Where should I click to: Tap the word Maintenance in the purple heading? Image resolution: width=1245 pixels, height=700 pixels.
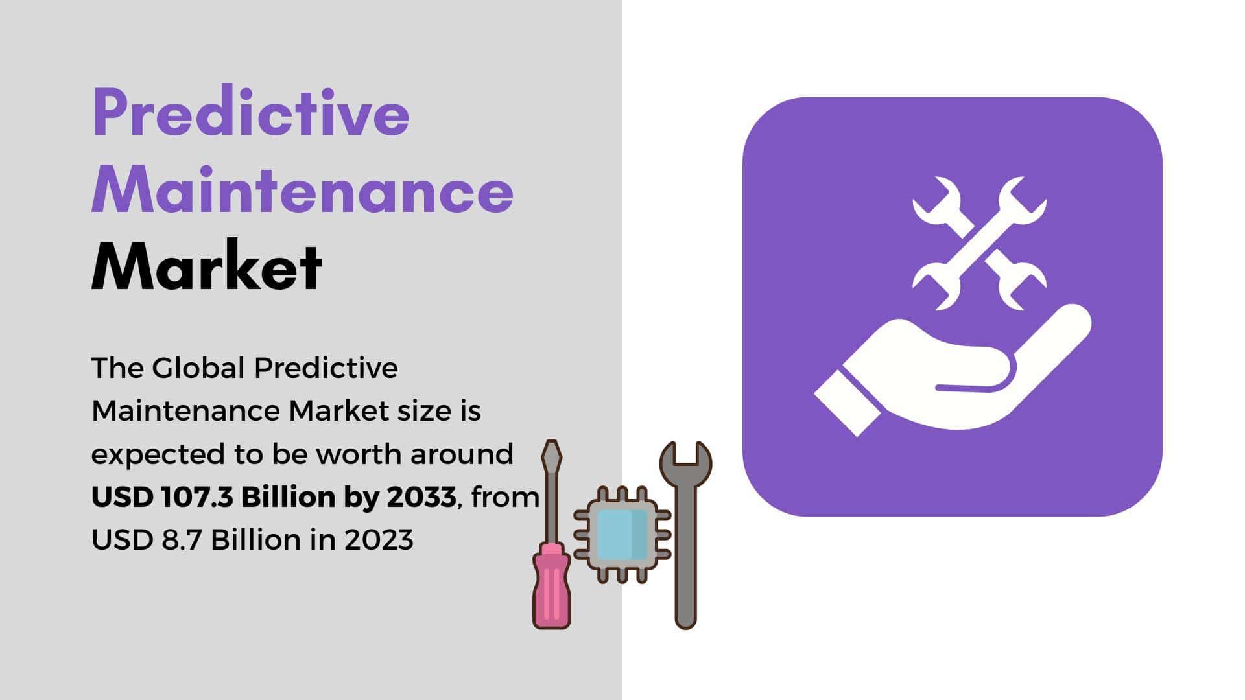303,189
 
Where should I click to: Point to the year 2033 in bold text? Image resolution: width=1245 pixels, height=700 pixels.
421,497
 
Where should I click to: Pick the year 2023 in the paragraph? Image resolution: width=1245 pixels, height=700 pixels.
379,540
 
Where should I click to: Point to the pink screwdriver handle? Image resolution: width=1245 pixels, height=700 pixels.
551,587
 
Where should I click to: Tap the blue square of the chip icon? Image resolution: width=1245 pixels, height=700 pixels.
622,535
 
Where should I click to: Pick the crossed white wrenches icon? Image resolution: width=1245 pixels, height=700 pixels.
979,243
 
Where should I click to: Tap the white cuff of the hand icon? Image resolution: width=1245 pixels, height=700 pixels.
848,402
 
